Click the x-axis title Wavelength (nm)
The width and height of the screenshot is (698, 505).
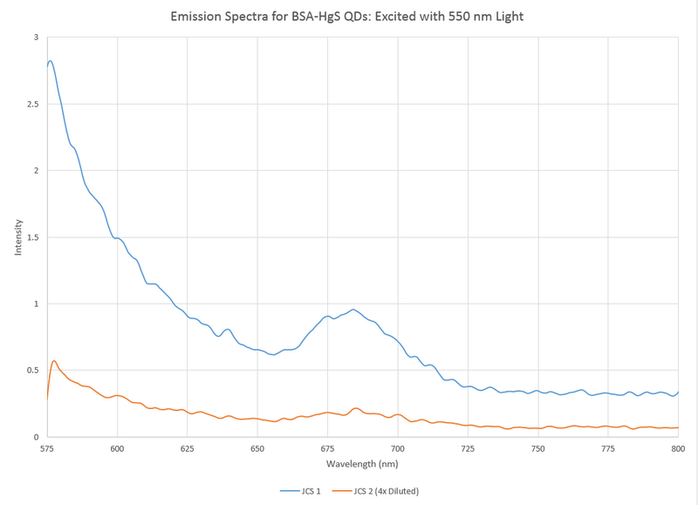coord(363,463)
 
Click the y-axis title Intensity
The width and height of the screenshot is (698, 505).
coord(18,237)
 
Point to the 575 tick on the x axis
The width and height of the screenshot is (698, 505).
coord(47,447)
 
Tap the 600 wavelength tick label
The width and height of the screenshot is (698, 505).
coord(117,447)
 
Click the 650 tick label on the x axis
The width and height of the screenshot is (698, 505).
coord(257,447)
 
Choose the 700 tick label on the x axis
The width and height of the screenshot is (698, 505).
coord(398,447)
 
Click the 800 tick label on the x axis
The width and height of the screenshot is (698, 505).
coord(678,447)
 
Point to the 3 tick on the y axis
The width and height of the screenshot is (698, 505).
coord(36,38)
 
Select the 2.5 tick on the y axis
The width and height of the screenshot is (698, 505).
coord(32,104)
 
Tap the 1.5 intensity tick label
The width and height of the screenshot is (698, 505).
coord(32,237)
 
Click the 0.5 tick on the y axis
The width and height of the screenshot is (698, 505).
coord(32,370)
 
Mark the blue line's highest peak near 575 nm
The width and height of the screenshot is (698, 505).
coord(50,60)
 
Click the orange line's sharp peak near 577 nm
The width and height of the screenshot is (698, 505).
coord(54,360)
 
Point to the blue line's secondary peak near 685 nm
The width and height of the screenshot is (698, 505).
coord(352,309)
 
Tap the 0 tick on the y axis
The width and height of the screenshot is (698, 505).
coord(36,437)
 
